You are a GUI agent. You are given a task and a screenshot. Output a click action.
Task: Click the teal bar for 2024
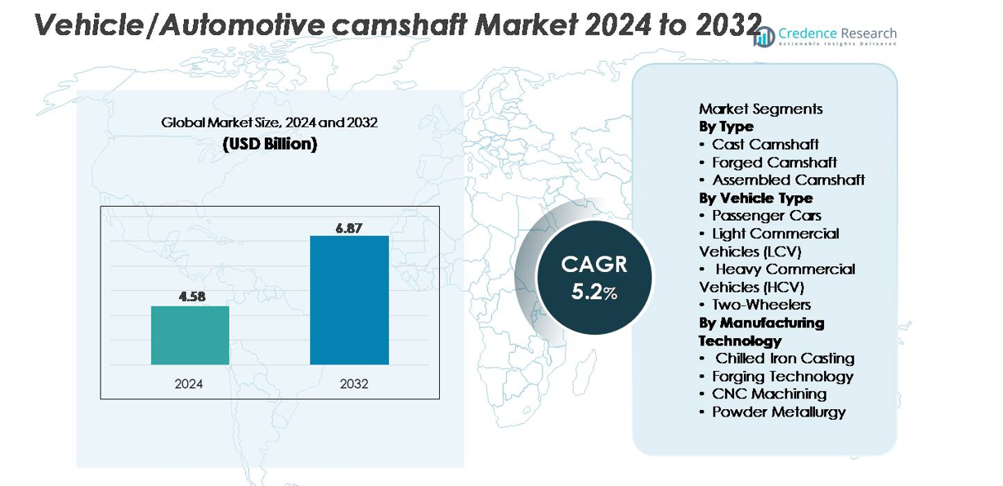(190, 335)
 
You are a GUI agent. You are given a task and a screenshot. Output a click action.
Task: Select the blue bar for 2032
(349, 300)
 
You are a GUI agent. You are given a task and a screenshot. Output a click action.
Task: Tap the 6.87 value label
(349, 228)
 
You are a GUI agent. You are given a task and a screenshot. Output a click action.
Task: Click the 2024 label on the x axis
(189, 383)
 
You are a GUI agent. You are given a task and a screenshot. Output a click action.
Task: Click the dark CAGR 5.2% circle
(594, 278)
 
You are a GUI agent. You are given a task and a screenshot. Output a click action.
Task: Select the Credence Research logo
(825, 36)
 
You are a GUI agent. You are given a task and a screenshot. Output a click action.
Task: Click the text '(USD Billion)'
(270, 144)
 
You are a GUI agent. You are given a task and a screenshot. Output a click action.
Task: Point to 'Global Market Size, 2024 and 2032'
(269, 123)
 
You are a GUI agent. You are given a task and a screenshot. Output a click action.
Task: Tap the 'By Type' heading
(726, 127)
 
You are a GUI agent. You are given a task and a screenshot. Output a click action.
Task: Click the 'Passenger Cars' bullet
(766, 216)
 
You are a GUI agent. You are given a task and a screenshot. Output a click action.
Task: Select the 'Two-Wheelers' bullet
(760, 305)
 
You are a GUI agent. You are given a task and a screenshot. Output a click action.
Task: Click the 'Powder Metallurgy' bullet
(777, 412)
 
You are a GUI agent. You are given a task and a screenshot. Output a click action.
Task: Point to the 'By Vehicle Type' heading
(755, 198)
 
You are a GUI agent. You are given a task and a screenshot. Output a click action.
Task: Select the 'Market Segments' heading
(760, 109)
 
